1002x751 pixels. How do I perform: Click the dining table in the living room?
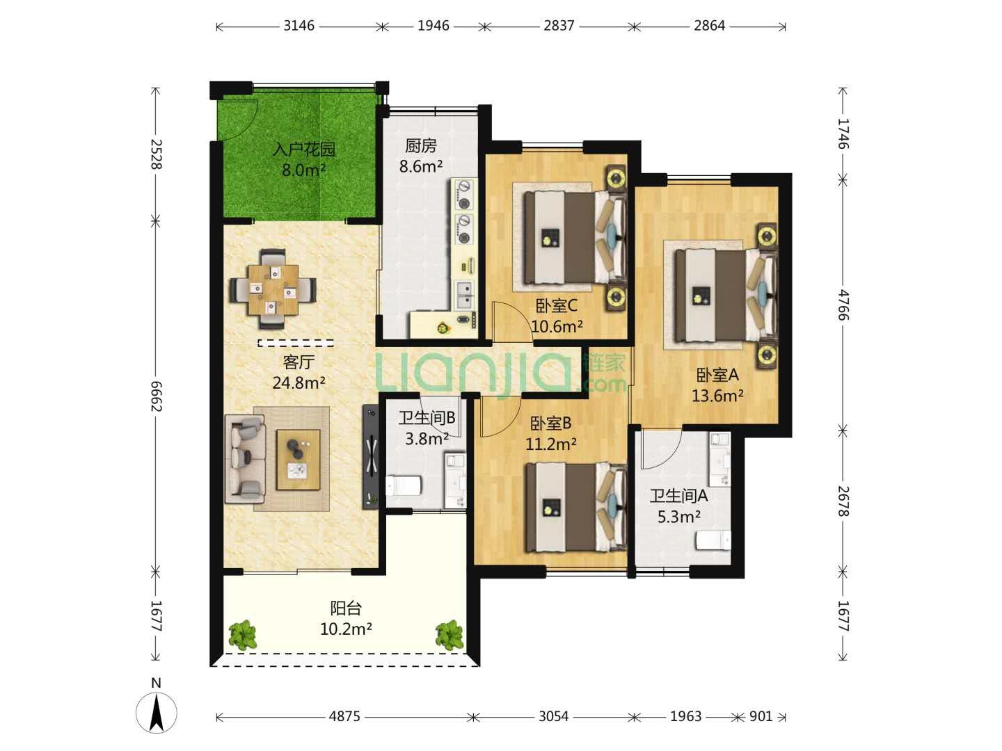pos(273,290)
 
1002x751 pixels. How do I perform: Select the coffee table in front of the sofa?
pos(299,459)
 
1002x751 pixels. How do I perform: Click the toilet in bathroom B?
pos(404,485)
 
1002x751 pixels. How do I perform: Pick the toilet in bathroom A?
pos(713,542)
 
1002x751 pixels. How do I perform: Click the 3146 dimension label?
pos(299,26)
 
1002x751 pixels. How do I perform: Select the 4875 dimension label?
pos(344,716)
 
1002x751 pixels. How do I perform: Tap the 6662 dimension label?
pos(156,396)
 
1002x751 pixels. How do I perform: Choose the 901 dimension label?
pos(761,716)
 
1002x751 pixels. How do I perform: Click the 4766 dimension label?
pos(843,305)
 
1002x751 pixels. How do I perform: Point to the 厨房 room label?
pos(421,146)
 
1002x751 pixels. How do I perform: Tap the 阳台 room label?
pos(346,608)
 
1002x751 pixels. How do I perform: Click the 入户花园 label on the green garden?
pos(304,149)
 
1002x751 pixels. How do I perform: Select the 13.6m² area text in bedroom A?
pos(717,396)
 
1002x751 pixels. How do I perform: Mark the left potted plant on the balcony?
pos(242,634)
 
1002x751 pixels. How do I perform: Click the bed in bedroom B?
pos(576,508)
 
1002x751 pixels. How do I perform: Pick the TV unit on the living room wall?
pos(370,457)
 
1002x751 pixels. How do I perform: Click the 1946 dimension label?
pos(434,26)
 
